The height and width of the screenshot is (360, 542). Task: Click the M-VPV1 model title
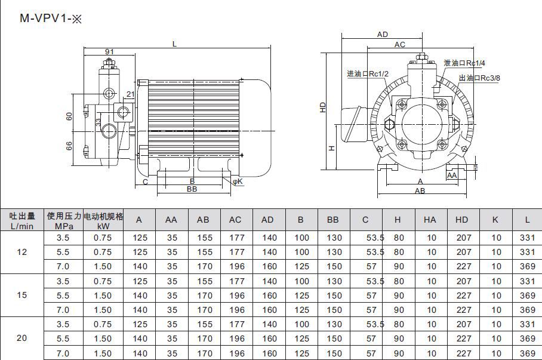point(51,18)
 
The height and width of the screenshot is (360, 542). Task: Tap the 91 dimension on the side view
point(109,51)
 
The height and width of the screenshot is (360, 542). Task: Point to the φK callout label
point(238,181)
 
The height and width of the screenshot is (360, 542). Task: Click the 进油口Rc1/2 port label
point(368,73)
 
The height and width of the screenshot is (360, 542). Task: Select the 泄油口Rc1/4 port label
point(464,63)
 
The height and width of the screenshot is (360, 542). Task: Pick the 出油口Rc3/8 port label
point(479,78)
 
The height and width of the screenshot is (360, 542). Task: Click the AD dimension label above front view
point(382,34)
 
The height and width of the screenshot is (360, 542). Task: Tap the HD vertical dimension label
point(323,107)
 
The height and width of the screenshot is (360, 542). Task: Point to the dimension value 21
point(130,94)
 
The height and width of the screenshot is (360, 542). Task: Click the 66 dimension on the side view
point(69,146)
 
